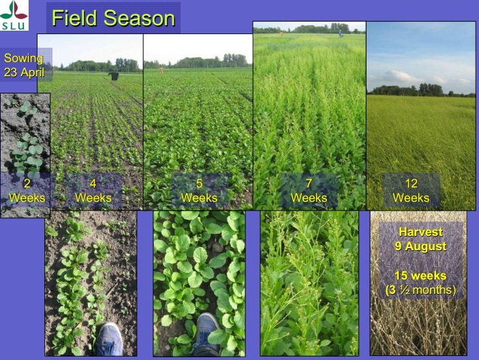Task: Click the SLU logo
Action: tap(14, 15)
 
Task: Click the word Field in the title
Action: tap(74, 18)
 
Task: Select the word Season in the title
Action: tap(139, 18)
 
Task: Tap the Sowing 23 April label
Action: tap(24, 65)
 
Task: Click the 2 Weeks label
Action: tap(27, 191)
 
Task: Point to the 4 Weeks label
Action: tap(93, 191)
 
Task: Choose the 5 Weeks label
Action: tap(199, 191)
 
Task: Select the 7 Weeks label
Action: tap(309, 191)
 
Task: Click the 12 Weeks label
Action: tap(411, 191)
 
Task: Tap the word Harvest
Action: tap(420, 232)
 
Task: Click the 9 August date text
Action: tap(420, 246)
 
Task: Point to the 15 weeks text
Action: tap(420, 275)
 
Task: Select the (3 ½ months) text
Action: tap(420, 290)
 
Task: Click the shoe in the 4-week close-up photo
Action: tap(109, 340)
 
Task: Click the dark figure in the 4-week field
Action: tap(114, 76)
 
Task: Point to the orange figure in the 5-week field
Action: tap(162, 70)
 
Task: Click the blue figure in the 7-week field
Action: tap(340, 33)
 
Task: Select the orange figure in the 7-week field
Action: tap(281, 33)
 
